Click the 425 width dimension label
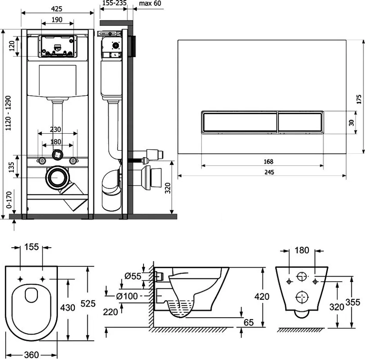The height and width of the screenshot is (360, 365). (57, 9)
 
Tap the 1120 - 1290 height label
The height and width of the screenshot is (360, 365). (8, 113)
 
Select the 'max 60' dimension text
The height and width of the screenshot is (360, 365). (150, 4)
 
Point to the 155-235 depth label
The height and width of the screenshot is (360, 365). (114, 3)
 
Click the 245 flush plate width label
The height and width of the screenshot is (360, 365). (269, 172)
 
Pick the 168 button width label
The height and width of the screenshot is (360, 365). (268, 161)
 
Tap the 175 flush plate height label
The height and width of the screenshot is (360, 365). (359, 99)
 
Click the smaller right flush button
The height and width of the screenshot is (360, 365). (299, 123)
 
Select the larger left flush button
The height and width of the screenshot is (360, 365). (239, 123)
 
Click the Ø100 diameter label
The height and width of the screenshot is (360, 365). (127, 296)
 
